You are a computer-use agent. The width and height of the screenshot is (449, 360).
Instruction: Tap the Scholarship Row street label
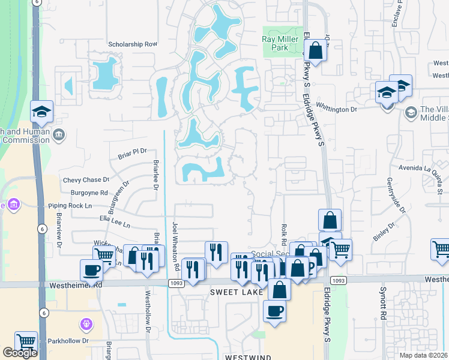pyautogui.click(x=132, y=44)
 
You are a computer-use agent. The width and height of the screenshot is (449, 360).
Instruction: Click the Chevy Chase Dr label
pyautogui.click(x=86, y=179)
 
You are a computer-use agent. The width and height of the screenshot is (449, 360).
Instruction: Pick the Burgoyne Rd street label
pyautogui.click(x=89, y=193)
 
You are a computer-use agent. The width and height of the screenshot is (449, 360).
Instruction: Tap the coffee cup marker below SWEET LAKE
pyautogui.click(x=275, y=311)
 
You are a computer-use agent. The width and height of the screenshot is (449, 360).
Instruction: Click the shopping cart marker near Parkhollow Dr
pyautogui.click(x=26, y=342)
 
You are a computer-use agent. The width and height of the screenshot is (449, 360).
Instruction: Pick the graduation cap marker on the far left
pyautogui.click(x=41, y=112)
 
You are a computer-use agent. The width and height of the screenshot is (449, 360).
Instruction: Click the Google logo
pyautogui.click(x=20, y=353)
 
